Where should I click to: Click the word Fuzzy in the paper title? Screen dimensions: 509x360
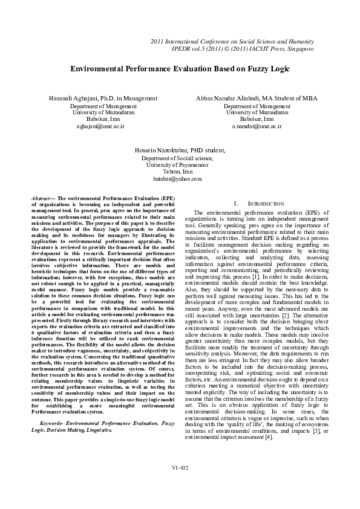point(241,70)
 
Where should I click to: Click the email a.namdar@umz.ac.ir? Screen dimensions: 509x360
point(257,128)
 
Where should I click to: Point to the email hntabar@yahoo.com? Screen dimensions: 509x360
point(177,180)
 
